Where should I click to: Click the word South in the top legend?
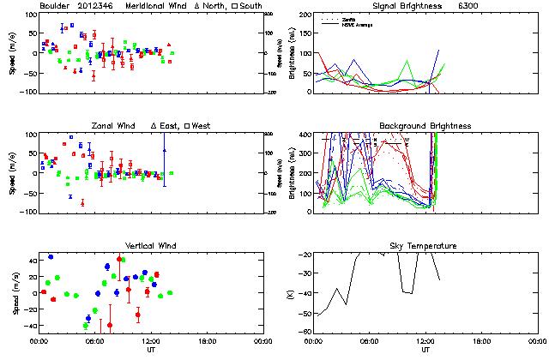coord(250,6)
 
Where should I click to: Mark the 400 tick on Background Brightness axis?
coord(306,135)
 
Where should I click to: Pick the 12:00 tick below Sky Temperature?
coord(425,341)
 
